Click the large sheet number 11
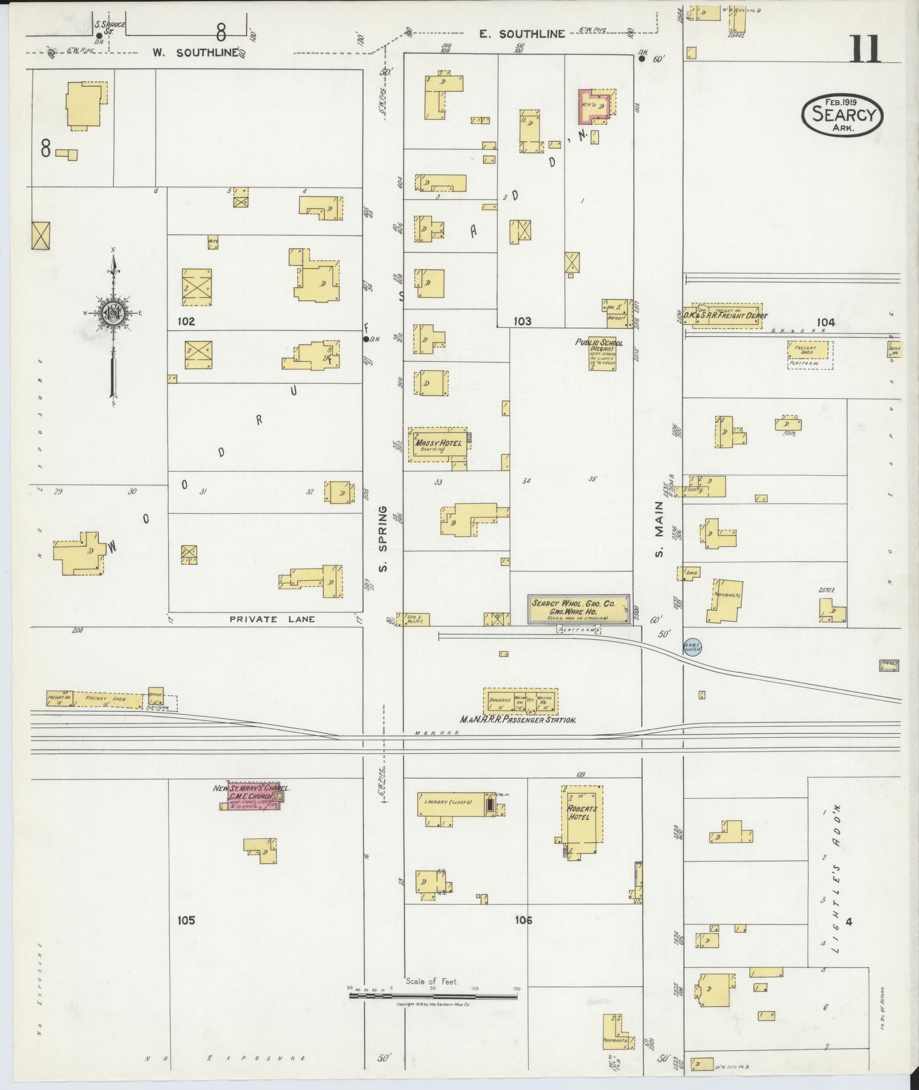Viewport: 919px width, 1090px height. pyautogui.click(x=865, y=49)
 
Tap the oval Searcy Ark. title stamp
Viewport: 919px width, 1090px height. pyautogui.click(x=842, y=116)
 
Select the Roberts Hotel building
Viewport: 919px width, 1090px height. pyautogui.click(x=582, y=815)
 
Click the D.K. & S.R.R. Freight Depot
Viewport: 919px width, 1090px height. pyautogui.click(x=727, y=316)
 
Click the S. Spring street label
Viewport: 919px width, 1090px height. pyautogui.click(x=383, y=538)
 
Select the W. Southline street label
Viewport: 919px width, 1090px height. pyautogui.click(x=194, y=52)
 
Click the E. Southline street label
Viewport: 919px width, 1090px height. pyautogui.click(x=521, y=34)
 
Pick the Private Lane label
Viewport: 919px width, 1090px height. pyautogui.click(x=272, y=619)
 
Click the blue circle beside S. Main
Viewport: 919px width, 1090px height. pyautogui.click(x=692, y=647)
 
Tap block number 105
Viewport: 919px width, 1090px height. pyautogui.click(x=186, y=920)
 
